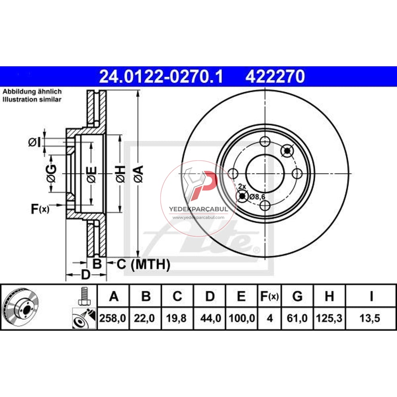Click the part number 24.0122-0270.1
[x=161, y=76]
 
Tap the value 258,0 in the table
[x=114, y=318]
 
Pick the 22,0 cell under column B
[x=146, y=318]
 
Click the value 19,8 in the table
[x=177, y=318]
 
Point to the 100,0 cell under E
[x=241, y=318]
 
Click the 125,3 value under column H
[x=329, y=318]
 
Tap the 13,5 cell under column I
[x=371, y=318]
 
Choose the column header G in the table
[x=297, y=296]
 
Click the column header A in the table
[x=114, y=296]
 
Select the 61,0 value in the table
[x=297, y=318]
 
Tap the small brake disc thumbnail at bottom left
[x=20, y=307]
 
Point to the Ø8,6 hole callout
[x=256, y=196]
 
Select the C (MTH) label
[x=143, y=264]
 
